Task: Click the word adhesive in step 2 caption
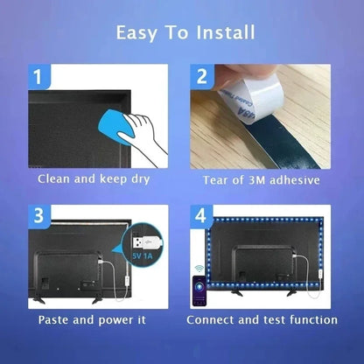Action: coord(297,180)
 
